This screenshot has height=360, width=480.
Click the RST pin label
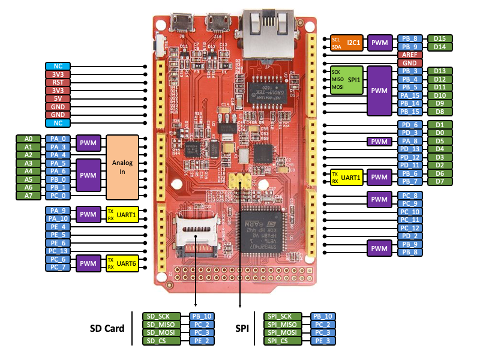[x=58, y=82]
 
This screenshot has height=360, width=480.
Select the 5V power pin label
[x=58, y=98]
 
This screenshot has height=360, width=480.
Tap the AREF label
[x=410, y=55]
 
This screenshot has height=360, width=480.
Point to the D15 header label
[x=440, y=38]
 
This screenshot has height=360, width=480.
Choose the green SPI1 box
[x=347, y=79]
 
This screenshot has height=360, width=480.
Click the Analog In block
[x=122, y=167]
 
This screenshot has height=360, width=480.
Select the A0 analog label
[x=28, y=139]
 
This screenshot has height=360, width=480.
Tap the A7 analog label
[x=28, y=196]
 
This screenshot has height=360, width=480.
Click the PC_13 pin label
[x=58, y=251]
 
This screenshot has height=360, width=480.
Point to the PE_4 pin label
[x=58, y=227]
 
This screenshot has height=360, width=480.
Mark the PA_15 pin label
[x=410, y=95]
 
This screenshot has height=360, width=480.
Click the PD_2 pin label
[x=410, y=236]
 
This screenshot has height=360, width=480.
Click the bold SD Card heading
[x=107, y=328]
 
